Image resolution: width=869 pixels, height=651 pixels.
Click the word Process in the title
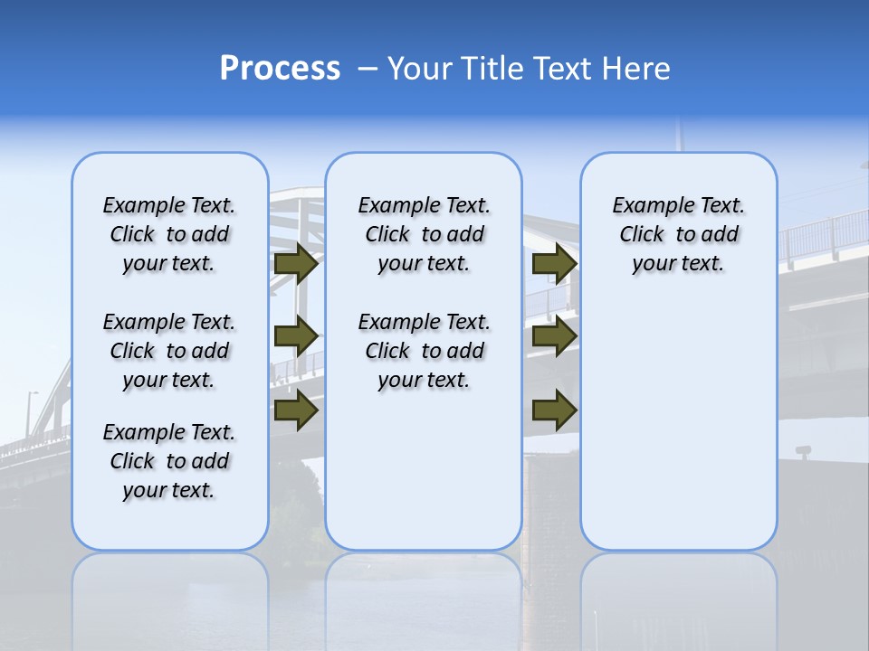[280, 69]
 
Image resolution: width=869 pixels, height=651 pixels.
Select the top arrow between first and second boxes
[296, 263]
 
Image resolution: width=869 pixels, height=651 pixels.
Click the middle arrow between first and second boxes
[296, 335]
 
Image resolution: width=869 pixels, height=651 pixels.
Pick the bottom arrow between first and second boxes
[296, 410]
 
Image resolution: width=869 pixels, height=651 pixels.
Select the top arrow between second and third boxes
[554, 263]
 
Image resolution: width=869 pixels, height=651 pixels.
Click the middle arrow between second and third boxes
[554, 335]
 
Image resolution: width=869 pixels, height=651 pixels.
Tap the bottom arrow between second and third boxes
[554, 410]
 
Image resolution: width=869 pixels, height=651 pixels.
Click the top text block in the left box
[169, 234]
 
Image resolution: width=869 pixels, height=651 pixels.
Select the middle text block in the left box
[169, 351]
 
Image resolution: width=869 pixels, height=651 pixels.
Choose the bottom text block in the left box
[169, 461]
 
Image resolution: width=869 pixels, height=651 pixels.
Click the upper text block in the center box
[424, 234]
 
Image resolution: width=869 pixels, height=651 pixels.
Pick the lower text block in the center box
[424, 351]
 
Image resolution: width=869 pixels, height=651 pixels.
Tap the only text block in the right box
[678, 234]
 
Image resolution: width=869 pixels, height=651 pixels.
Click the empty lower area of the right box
[678, 425]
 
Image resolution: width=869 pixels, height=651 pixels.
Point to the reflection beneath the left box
[169, 588]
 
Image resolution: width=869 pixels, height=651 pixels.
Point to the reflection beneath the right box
[678, 588]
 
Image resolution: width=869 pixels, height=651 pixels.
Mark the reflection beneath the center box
[424, 588]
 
